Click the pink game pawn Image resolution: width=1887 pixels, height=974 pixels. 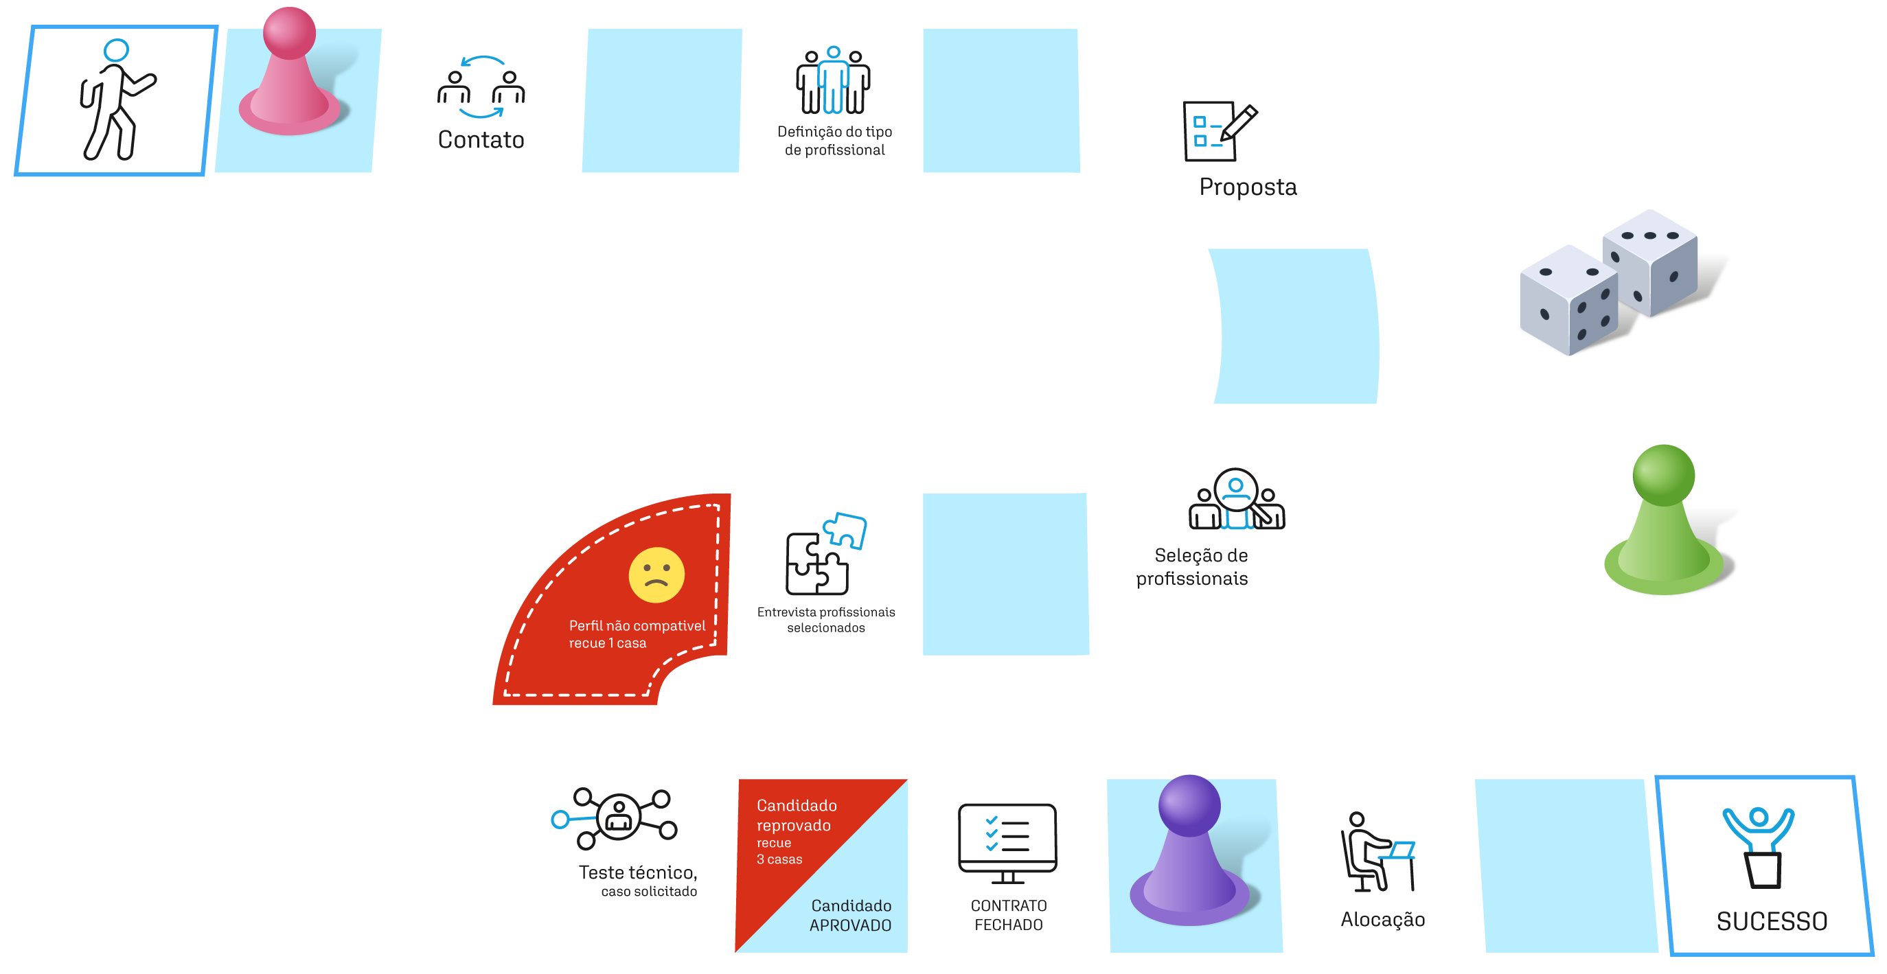tap(290, 73)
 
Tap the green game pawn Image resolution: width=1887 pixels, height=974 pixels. tap(1664, 521)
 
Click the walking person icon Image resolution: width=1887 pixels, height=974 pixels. tap(116, 100)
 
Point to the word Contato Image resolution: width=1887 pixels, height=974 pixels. tap(481, 139)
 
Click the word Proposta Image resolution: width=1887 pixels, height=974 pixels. tap(1248, 187)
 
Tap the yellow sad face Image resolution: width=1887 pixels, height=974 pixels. tap(656, 575)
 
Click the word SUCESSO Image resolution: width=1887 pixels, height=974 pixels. tap(1772, 921)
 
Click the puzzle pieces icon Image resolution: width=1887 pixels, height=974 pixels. tap(825, 554)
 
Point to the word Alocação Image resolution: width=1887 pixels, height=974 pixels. tap(1382, 920)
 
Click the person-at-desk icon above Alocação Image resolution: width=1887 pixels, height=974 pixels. tap(1378, 852)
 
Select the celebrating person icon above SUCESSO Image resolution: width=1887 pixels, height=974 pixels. tap(1759, 847)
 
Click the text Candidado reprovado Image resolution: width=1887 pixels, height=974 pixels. tap(797, 815)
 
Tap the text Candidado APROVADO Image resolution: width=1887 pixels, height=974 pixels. tap(851, 916)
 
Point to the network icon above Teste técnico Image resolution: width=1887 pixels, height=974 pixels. tap(614, 818)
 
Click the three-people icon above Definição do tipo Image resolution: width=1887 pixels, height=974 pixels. tap(833, 80)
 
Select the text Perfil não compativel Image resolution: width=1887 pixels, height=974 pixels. tap(637, 625)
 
